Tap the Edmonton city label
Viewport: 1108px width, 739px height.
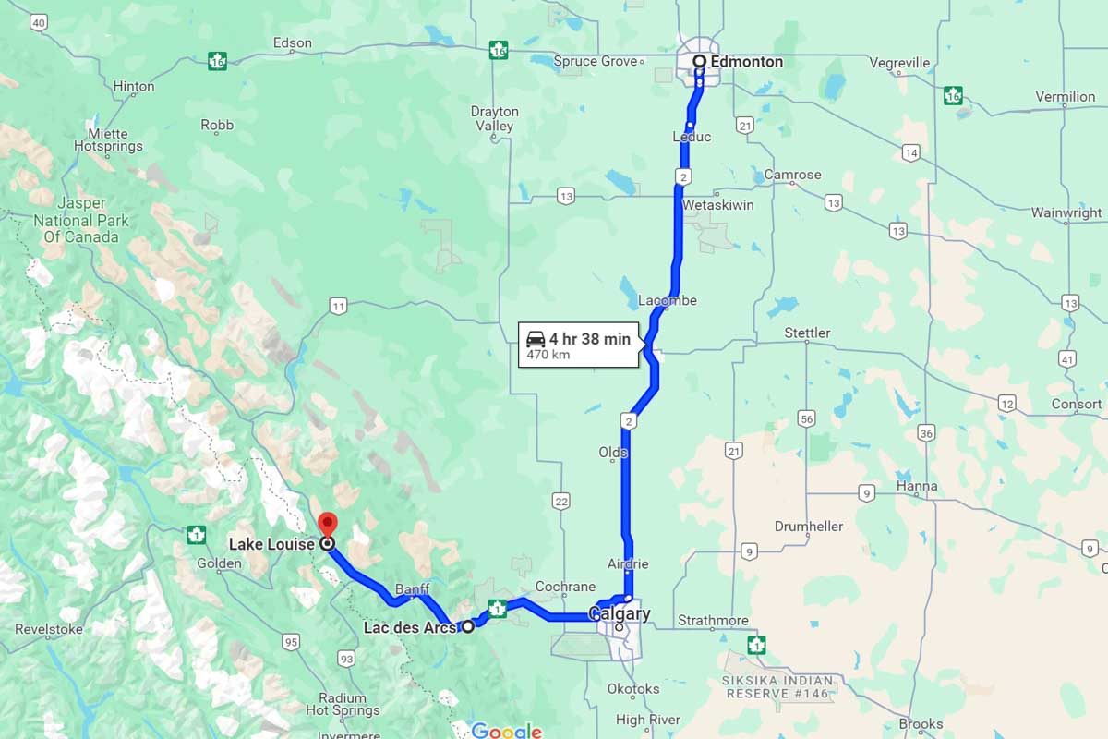point(746,62)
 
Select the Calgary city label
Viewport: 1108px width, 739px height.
point(620,613)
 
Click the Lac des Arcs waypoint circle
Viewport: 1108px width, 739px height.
point(468,626)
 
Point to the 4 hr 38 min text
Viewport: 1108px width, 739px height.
point(590,339)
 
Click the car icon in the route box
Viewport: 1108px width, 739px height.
point(536,339)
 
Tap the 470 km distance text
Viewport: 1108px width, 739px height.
point(547,354)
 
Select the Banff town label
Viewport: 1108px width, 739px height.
point(412,588)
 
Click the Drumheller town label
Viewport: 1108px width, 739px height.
point(809,527)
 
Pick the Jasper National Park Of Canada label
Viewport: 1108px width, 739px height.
point(81,220)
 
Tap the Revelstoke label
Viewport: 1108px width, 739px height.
point(49,629)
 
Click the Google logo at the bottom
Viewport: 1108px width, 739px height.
point(506,731)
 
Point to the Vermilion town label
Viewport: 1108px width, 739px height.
point(1065,96)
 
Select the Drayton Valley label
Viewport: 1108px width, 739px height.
point(494,118)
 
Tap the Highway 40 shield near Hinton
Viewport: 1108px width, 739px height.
point(38,24)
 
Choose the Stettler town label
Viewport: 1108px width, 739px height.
point(807,333)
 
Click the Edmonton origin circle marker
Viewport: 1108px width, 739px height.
point(700,62)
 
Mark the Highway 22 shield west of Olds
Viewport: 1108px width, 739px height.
point(560,501)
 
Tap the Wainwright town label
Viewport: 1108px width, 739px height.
point(1066,212)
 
